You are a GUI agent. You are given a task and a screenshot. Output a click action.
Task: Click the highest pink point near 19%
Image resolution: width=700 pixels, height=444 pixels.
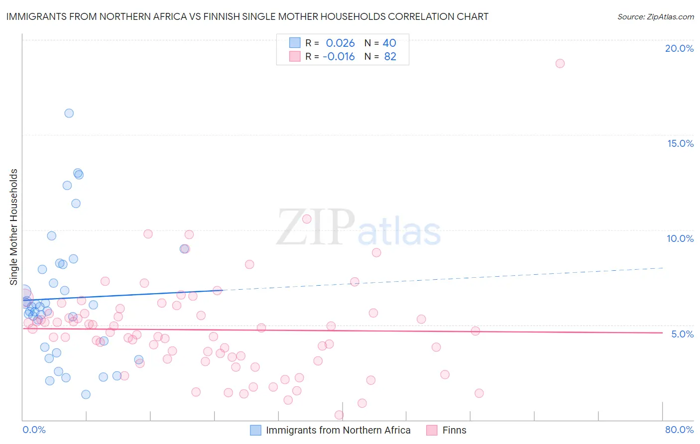(560, 63)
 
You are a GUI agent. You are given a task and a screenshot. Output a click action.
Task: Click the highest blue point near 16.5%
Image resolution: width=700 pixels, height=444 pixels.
(69, 113)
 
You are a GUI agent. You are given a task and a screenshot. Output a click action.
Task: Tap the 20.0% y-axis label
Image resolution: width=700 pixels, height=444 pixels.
(679, 48)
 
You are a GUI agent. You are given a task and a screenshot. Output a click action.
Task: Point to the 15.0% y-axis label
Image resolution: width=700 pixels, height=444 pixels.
(680, 143)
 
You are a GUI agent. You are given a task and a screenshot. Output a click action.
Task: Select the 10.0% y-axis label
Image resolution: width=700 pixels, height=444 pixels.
(680, 238)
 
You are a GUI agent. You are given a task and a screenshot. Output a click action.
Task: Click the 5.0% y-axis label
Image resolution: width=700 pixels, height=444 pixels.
(682, 334)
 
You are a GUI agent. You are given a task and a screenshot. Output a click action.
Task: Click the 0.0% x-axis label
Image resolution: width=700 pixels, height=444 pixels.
(34, 430)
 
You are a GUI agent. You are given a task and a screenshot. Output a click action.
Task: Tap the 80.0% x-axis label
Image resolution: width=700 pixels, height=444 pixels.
(679, 430)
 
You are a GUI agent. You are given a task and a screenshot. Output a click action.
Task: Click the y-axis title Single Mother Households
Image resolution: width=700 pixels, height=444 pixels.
(14, 227)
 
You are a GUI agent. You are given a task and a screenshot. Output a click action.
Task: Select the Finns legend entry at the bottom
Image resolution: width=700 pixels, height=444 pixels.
(454, 430)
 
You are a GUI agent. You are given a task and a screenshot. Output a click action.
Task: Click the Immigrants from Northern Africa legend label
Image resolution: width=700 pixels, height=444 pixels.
(338, 430)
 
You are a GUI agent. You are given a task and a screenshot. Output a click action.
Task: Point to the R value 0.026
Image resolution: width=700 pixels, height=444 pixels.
(340, 43)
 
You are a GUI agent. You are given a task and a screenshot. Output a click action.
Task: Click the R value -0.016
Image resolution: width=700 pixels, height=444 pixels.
(339, 57)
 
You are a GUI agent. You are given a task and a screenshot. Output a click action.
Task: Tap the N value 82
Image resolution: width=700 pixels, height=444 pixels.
(390, 57)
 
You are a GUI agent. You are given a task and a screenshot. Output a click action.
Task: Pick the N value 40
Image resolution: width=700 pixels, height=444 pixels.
(389, 43)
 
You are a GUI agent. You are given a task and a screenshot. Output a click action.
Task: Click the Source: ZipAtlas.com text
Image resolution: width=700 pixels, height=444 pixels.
(655, 17)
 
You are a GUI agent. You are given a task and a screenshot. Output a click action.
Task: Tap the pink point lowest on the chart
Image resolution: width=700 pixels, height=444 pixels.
(339, 415)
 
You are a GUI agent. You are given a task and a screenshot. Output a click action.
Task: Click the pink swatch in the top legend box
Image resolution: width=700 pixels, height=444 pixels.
(295, 57)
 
